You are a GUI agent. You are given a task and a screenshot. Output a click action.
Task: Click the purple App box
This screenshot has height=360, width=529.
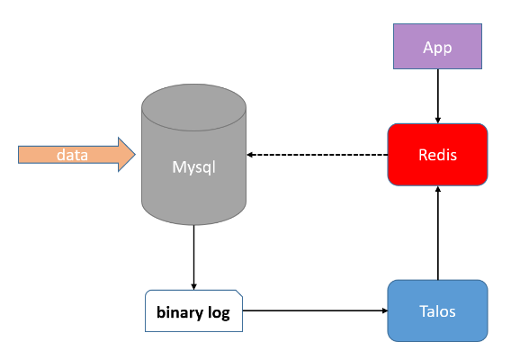[437, 46]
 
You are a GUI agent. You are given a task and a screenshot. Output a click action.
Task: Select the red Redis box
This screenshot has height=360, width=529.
[437, 155]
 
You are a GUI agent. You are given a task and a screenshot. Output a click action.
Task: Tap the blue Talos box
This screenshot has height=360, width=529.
[437, 311]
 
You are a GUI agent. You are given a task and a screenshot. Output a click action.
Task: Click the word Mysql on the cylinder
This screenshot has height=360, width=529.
[194, 166]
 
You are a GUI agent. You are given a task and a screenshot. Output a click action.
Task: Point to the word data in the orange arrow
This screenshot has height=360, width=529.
[72, 155]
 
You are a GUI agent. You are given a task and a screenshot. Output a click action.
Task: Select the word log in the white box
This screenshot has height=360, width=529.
[217, 313]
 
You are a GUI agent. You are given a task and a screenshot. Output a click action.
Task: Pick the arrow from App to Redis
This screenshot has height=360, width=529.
[437, 95]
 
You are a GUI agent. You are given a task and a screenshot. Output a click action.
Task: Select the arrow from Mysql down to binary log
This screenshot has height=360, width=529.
[194, 256]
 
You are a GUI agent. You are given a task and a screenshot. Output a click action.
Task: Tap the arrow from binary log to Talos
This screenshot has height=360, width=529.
[315, 311]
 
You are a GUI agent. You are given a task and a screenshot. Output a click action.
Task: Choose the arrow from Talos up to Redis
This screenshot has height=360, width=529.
[437, 234]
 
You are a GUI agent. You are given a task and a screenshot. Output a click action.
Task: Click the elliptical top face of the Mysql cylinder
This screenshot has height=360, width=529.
[194, 100]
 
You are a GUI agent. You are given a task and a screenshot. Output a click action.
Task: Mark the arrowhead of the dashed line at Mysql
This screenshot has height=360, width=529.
[252, 155]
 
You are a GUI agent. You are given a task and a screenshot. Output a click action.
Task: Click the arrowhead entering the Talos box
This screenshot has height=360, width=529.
[382, 311]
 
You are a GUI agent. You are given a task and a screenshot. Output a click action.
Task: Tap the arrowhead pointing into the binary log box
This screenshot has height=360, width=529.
[194, 285]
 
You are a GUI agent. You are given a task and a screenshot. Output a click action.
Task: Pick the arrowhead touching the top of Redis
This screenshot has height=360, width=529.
[437, 119]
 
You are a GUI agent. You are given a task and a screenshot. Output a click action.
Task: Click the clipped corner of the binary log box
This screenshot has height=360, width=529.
[239, 294]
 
